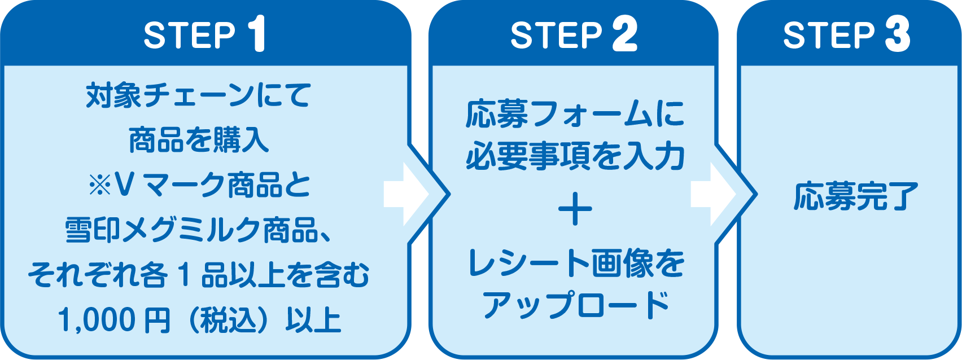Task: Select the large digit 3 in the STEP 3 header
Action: point(897,34)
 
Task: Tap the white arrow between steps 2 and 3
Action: point(713,195)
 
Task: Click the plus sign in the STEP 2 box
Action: point(575,210)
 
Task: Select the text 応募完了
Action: point(851,196)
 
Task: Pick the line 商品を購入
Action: point(199,141)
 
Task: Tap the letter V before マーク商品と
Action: point(123,186)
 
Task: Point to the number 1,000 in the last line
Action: point(97,320)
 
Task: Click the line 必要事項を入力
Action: point(575,157)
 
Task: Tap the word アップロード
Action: point(575,305)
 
